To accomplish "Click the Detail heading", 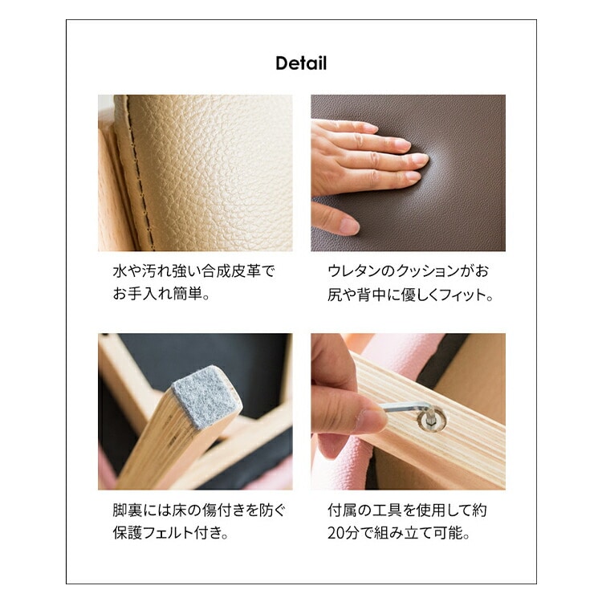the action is pyautogui.click(x=301, y=63).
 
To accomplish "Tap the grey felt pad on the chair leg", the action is pyautogui.click(x=205, y=397).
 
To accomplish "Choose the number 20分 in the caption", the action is pyautogui.click(x=343, y=533).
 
